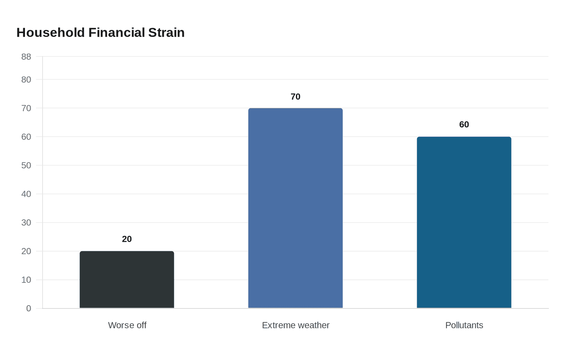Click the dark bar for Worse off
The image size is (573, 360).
tap(127, 280)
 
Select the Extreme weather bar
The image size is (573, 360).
tap(296, 208)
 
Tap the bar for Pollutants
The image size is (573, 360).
tap(464, 223)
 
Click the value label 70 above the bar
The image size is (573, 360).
tap(296, 97)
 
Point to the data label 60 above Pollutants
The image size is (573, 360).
tap(464, 125)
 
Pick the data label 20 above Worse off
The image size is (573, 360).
tap(127, 239)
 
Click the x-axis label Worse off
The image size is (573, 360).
tap(127, 325)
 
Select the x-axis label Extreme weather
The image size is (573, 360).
tap(296, 325)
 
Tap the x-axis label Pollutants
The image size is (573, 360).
tap(464, 325)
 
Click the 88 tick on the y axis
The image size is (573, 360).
tap(26, 57)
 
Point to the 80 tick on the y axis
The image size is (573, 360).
tap(26, 80)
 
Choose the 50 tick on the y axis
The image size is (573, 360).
tap(26, 166)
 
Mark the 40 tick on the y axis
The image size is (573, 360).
tap(26, 194)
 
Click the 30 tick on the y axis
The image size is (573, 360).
tap(26, 223)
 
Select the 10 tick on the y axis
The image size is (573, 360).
tap(26, 280)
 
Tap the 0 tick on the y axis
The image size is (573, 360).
tap(29, 309)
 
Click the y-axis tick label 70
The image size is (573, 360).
tap(26, 108)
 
